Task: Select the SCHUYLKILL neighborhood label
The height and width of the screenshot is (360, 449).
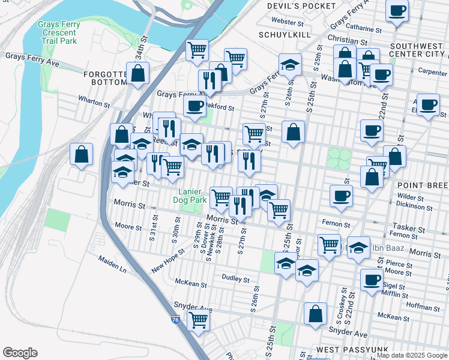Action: coord(285,35)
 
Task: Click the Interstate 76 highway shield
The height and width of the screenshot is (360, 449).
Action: coord(175,320)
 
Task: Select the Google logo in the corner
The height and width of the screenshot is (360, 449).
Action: coord(20,353)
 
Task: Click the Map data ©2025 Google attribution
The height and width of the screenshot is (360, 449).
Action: coord(412,355)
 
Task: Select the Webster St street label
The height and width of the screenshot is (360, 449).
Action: coord(288,22)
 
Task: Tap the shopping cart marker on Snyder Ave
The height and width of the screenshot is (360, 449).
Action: coord(197,321)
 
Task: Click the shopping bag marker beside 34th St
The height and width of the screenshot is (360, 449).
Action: coord(138,74)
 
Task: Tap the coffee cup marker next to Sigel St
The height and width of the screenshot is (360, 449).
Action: coord(372,279)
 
